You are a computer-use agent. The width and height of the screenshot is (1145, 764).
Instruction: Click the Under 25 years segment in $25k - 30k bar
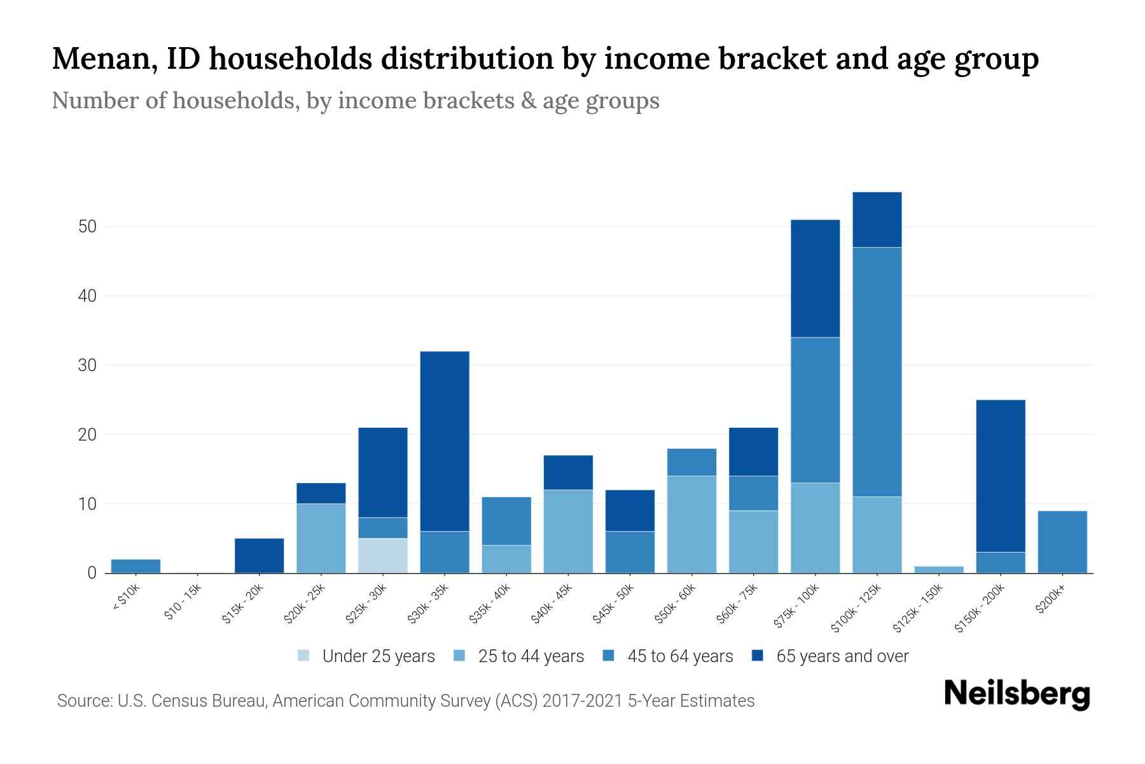pos(383,555)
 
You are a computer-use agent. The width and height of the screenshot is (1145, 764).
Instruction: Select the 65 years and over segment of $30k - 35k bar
pos(445,441)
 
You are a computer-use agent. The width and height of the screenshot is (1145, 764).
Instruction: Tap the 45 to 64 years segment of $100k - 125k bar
pos(877,371)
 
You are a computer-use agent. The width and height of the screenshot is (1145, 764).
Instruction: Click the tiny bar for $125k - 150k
pos(939,569)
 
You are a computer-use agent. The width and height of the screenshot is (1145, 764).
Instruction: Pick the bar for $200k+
pos(1062,542)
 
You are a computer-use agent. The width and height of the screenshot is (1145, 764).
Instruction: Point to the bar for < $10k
pos(135,566)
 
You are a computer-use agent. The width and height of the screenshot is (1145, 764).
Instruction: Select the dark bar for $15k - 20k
pos(260,555)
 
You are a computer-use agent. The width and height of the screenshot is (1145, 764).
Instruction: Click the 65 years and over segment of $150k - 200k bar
pos(1001,476)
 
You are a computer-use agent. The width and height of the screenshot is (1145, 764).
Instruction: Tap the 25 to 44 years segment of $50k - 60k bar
pos(691,524)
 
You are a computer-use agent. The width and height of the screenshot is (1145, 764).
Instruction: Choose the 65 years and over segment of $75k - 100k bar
pos(815,278)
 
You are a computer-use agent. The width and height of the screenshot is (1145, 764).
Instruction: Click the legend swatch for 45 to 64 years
pos(609,656)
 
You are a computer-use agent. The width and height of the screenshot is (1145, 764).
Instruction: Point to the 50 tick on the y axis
pos(87,227)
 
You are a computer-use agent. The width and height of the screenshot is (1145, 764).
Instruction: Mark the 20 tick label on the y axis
pos(87,435)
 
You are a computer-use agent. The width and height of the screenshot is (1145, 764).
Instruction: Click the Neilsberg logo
pos(1017,694)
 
